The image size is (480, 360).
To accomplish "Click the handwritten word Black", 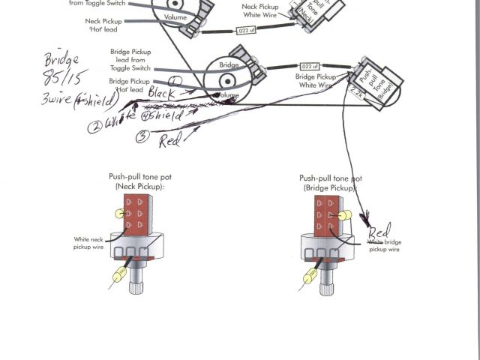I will pyautogui.click(x=163, y=93).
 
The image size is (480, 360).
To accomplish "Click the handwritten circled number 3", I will pyautogui.click(x=142, y=136).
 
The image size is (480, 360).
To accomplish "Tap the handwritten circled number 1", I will pyautogui.click(x=174, y=79).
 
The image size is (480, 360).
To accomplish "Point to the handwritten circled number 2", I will pyautogui.click(x=94, y=125).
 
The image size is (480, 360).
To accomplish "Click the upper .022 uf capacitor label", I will pyautogui.click(x=246, y=31).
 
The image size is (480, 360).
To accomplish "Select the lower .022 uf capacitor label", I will pyautogui.click(x=307, y=66).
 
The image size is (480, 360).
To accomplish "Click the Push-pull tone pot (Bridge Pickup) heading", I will pyautogui.click(x=330, y=182).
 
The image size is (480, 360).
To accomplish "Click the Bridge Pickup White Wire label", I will pyautogui.click(x=315, y=81).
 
